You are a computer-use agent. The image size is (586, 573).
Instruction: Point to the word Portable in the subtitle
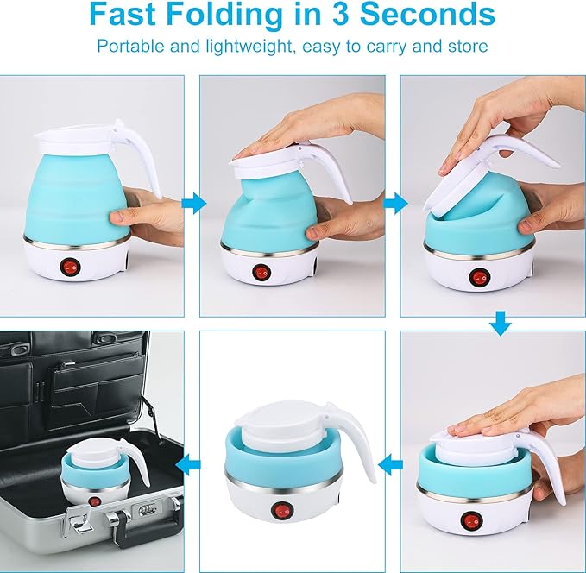[x=127, y=46]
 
